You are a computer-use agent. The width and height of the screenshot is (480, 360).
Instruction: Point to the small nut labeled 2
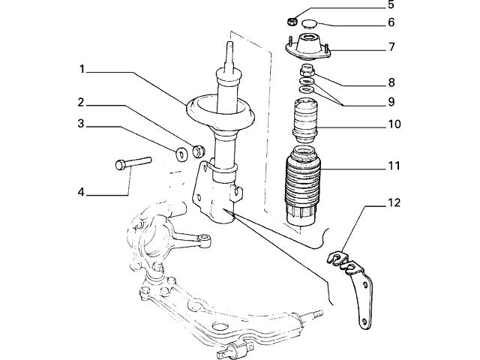(199, 150)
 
